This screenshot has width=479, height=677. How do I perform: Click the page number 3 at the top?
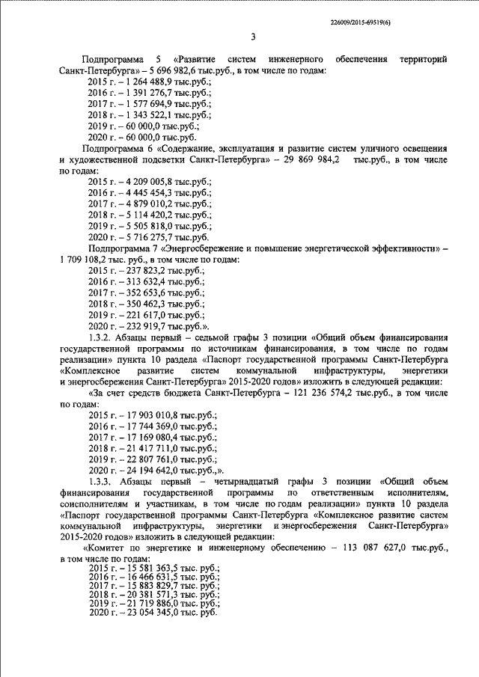click(x=253, y=38)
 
